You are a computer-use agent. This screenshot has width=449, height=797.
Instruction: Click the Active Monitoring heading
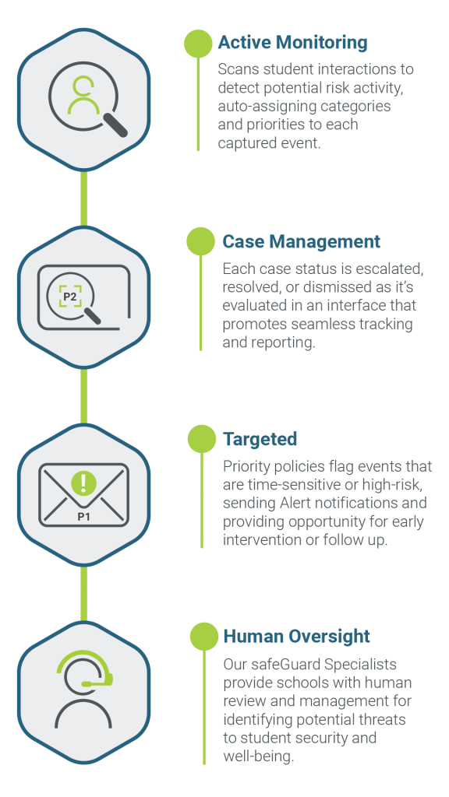point(293,44)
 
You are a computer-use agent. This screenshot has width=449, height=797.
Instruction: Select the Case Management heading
point(302,241)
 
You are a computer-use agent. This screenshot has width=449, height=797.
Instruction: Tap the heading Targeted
point(260,439)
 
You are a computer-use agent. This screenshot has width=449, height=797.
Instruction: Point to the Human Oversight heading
point(297,637)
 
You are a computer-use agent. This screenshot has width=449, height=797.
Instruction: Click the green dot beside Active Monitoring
point(198,44)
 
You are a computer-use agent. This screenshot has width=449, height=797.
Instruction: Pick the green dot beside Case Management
point(200,241)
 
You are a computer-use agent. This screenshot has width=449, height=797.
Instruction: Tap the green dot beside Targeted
point(202,439)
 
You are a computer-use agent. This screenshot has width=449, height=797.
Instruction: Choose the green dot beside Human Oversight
point(204,637)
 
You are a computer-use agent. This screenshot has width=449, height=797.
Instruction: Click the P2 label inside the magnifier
point(69,297)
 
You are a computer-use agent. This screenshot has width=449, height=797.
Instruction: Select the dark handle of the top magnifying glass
point(115,125)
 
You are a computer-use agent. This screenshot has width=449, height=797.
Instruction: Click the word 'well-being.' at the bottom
point(259,757)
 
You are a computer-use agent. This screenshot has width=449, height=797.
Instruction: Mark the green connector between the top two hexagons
point(84,198)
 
